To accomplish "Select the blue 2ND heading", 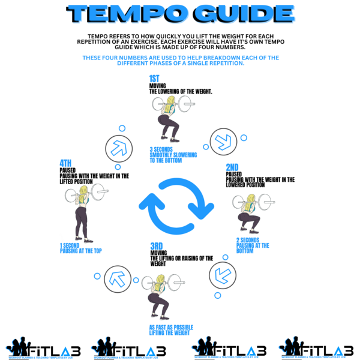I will click(232, 167).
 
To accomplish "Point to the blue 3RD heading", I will click(157, 246).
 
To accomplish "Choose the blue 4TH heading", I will click(65, 163).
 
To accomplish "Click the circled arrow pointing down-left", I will click(222, 274).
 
